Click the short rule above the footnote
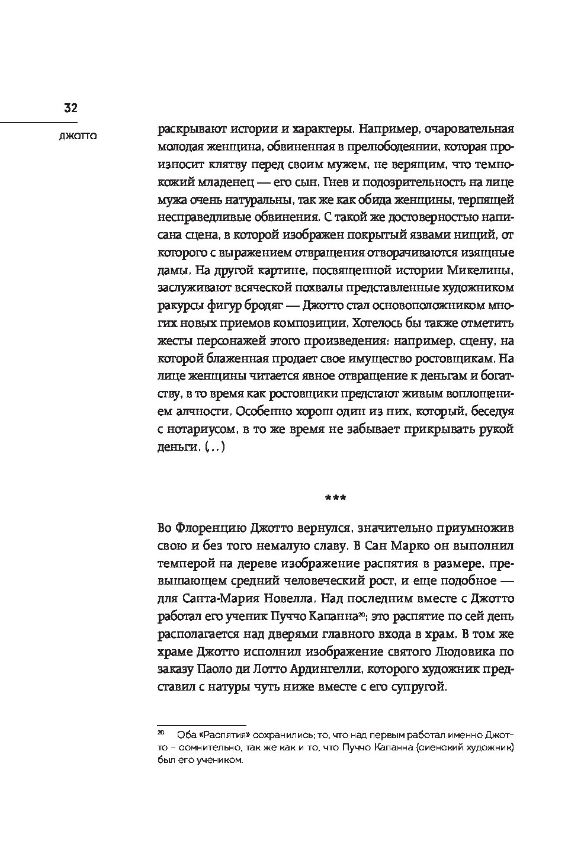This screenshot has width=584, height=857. pyautogui.click(x=201, y=724)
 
